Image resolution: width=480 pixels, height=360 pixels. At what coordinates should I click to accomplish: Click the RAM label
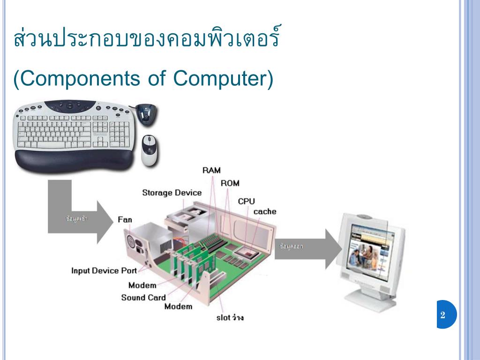tap(211, 170)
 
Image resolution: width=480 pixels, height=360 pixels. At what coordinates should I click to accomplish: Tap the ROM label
tap(230, 183)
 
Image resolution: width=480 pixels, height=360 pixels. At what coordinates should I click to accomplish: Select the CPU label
tap(246, 201)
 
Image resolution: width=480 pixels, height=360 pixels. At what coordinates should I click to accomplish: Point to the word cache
tap(265, 211)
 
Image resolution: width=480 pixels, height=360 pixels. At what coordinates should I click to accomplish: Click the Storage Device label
tap(172, 193)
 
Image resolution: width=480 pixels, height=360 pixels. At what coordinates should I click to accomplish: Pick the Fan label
tap(125, 219)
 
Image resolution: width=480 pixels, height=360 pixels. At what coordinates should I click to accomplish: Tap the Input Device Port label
tap(104, 270)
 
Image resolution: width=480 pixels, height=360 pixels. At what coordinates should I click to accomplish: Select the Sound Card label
tap(143, 297)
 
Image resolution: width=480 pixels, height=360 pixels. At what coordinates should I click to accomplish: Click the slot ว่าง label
tap(230, 318)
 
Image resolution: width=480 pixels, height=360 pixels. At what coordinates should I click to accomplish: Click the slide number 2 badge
tap(443, 315)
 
